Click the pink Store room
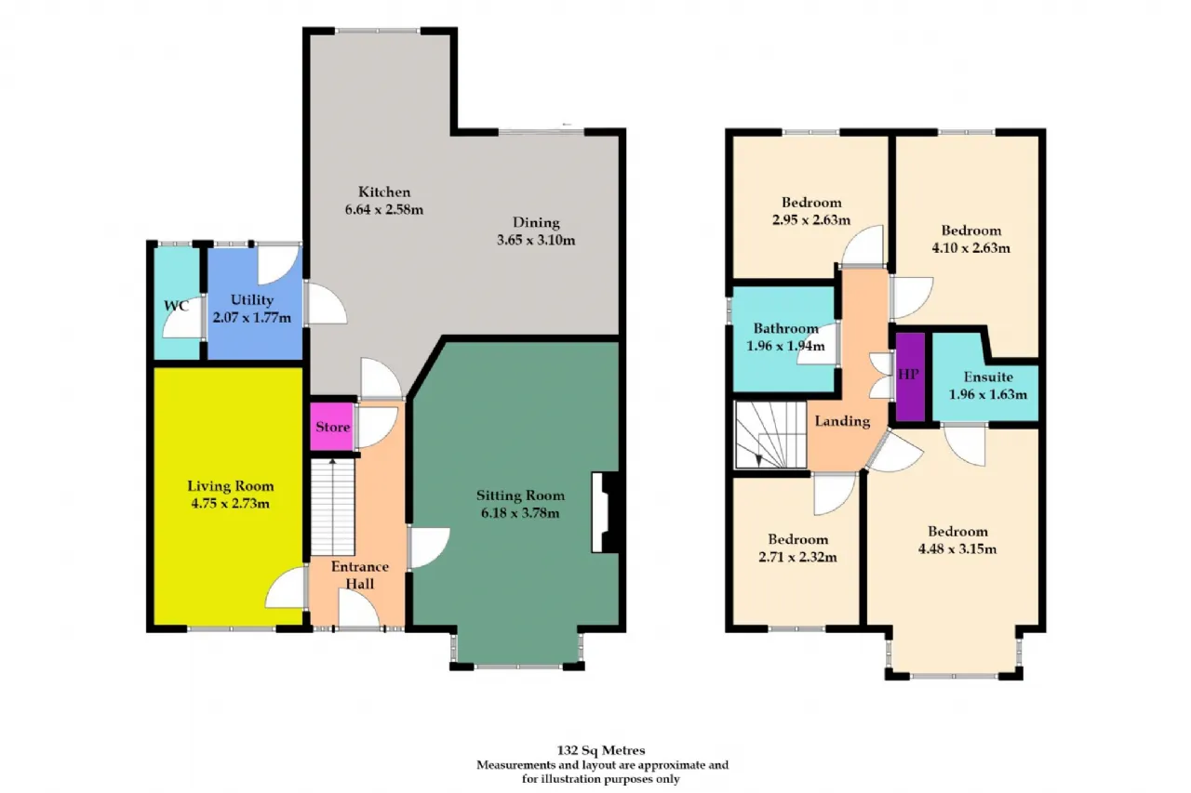click(332, 428)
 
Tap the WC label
click(177, 305)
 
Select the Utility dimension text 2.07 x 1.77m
click(252, 318)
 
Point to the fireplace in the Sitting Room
click(606, 513)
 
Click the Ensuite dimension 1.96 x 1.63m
click(987, 394)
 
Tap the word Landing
click(842, 421)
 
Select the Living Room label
click(231, 486)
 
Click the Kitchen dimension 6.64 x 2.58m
click(384, 209)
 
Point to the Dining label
click(536, 222)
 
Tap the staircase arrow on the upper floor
click(760, 456)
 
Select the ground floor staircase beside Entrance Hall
click(331, 508)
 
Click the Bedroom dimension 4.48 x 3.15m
click(957, 548)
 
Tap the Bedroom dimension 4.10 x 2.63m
click(970, 247)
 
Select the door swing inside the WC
click(182, 323)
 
